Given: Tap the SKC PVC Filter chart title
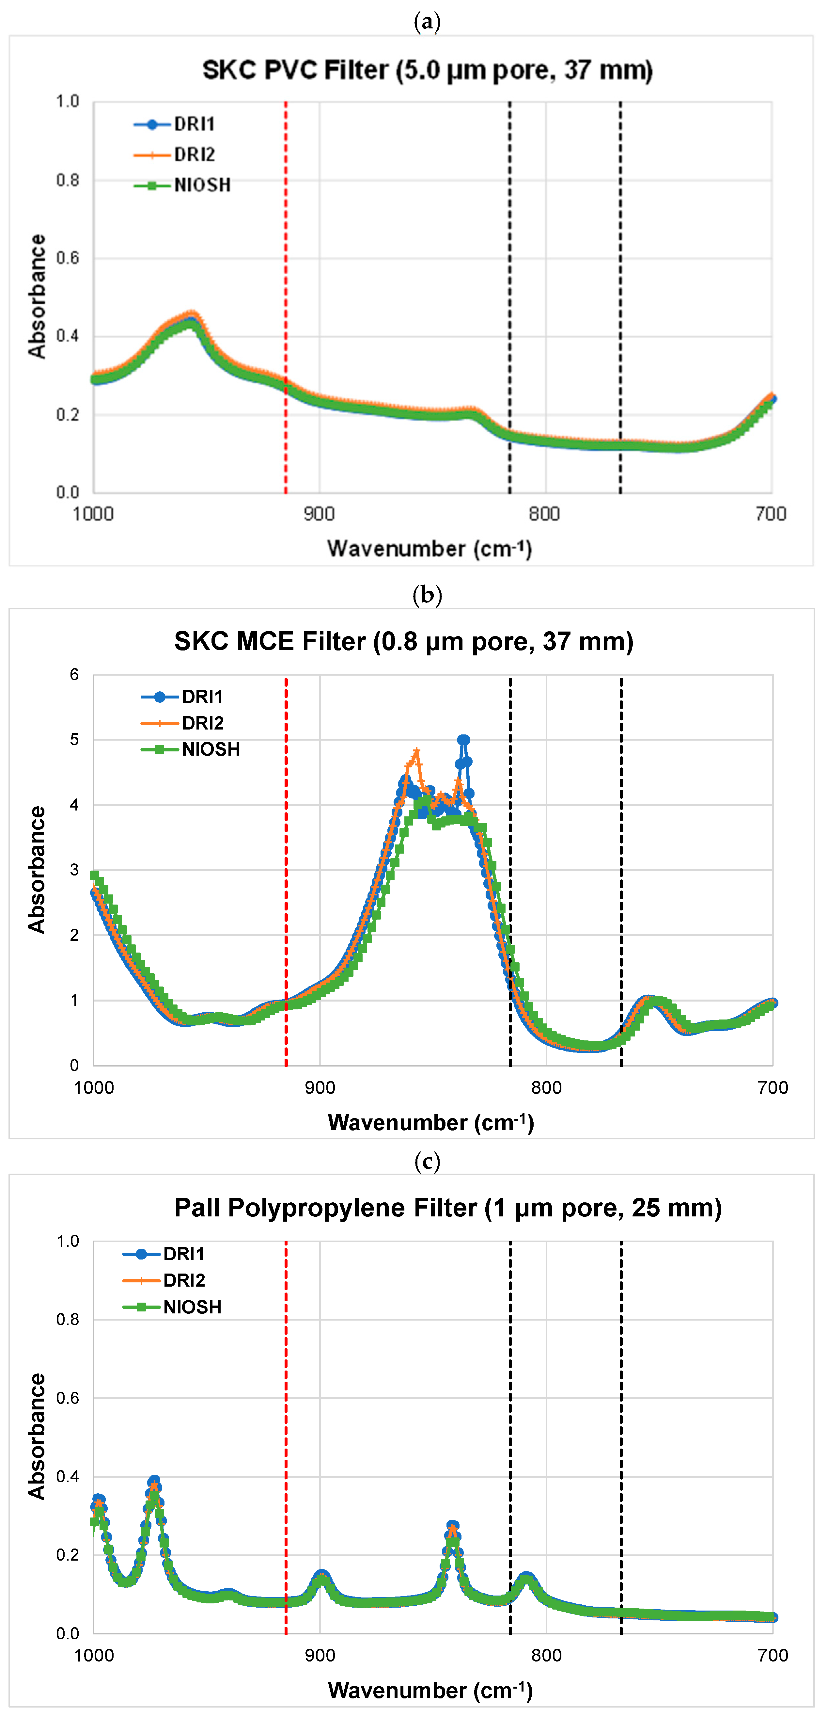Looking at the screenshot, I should (427, 70).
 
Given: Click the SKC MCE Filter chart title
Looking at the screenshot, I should (403, 642).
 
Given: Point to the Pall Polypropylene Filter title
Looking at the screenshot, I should (448, 1208).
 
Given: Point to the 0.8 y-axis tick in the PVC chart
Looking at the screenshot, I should (67, 180).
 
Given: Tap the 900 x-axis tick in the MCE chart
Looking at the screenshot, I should (320, 1088).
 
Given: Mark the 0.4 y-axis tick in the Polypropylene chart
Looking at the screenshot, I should (67, 1476).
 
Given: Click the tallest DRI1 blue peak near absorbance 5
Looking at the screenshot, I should (463, 740).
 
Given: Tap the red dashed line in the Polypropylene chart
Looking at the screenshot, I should (286, 1434).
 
